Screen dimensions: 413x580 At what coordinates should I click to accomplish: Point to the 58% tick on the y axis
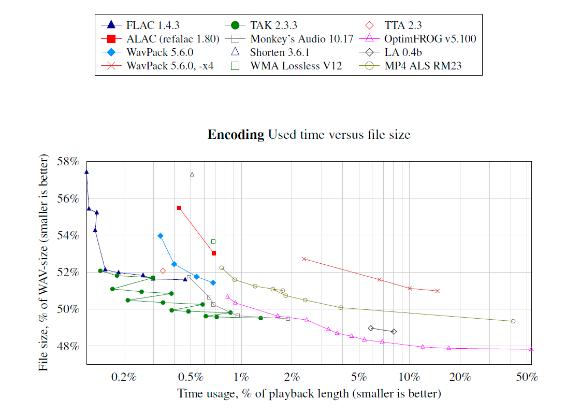(67, 162)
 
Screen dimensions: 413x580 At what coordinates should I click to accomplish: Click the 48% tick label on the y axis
(67, 346)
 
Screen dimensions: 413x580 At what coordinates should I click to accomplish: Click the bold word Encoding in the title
(236, 135)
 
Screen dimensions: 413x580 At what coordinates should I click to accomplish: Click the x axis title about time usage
(309, 394)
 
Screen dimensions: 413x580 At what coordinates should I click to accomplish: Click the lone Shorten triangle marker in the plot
(192, 174)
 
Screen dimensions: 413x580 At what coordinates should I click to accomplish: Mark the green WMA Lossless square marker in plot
(213, 241)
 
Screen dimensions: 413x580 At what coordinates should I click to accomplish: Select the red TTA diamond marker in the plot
(163, 271)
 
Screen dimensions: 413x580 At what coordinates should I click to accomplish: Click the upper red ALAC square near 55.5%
(179, 208)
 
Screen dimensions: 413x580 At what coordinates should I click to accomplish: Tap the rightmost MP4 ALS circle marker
(513, 321)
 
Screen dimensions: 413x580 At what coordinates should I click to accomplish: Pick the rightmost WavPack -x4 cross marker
(438, 291)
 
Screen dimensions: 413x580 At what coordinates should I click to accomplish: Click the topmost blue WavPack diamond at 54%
(161, 236)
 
